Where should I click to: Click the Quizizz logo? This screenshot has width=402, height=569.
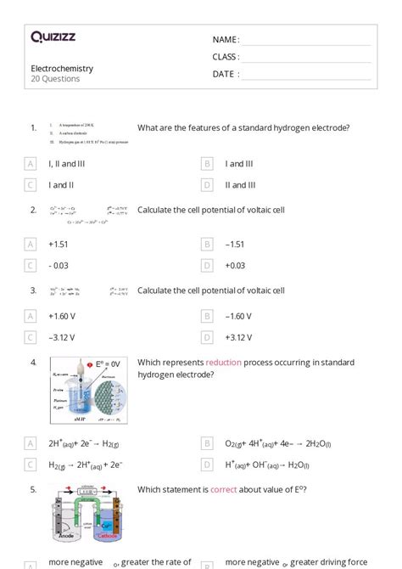click(x=53, y=37)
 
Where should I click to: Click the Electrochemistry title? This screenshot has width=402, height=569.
click(x=62, y=68)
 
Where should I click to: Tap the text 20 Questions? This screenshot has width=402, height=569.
click(x=55, y=79)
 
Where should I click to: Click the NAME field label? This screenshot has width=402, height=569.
click(x=226, y=40)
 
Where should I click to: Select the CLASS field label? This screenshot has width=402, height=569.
click(x=226, y=57)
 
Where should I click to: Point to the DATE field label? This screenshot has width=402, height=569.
click(x=225, y=74)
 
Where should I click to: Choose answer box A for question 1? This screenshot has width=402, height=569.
click(x=31, y=163)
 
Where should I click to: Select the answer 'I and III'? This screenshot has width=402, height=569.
click(x=239, y=163)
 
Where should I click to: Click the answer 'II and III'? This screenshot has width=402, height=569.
click(x=240, y=184)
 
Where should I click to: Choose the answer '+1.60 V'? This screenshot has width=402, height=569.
click(x=64, y=316)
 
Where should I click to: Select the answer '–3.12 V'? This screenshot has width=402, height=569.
click(x=64, y=337)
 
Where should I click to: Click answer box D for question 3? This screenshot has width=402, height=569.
click(x=206, y=337)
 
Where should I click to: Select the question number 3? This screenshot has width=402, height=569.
click(x=33, y=290)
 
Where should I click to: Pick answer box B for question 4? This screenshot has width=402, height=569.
click(x=206, y=443)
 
